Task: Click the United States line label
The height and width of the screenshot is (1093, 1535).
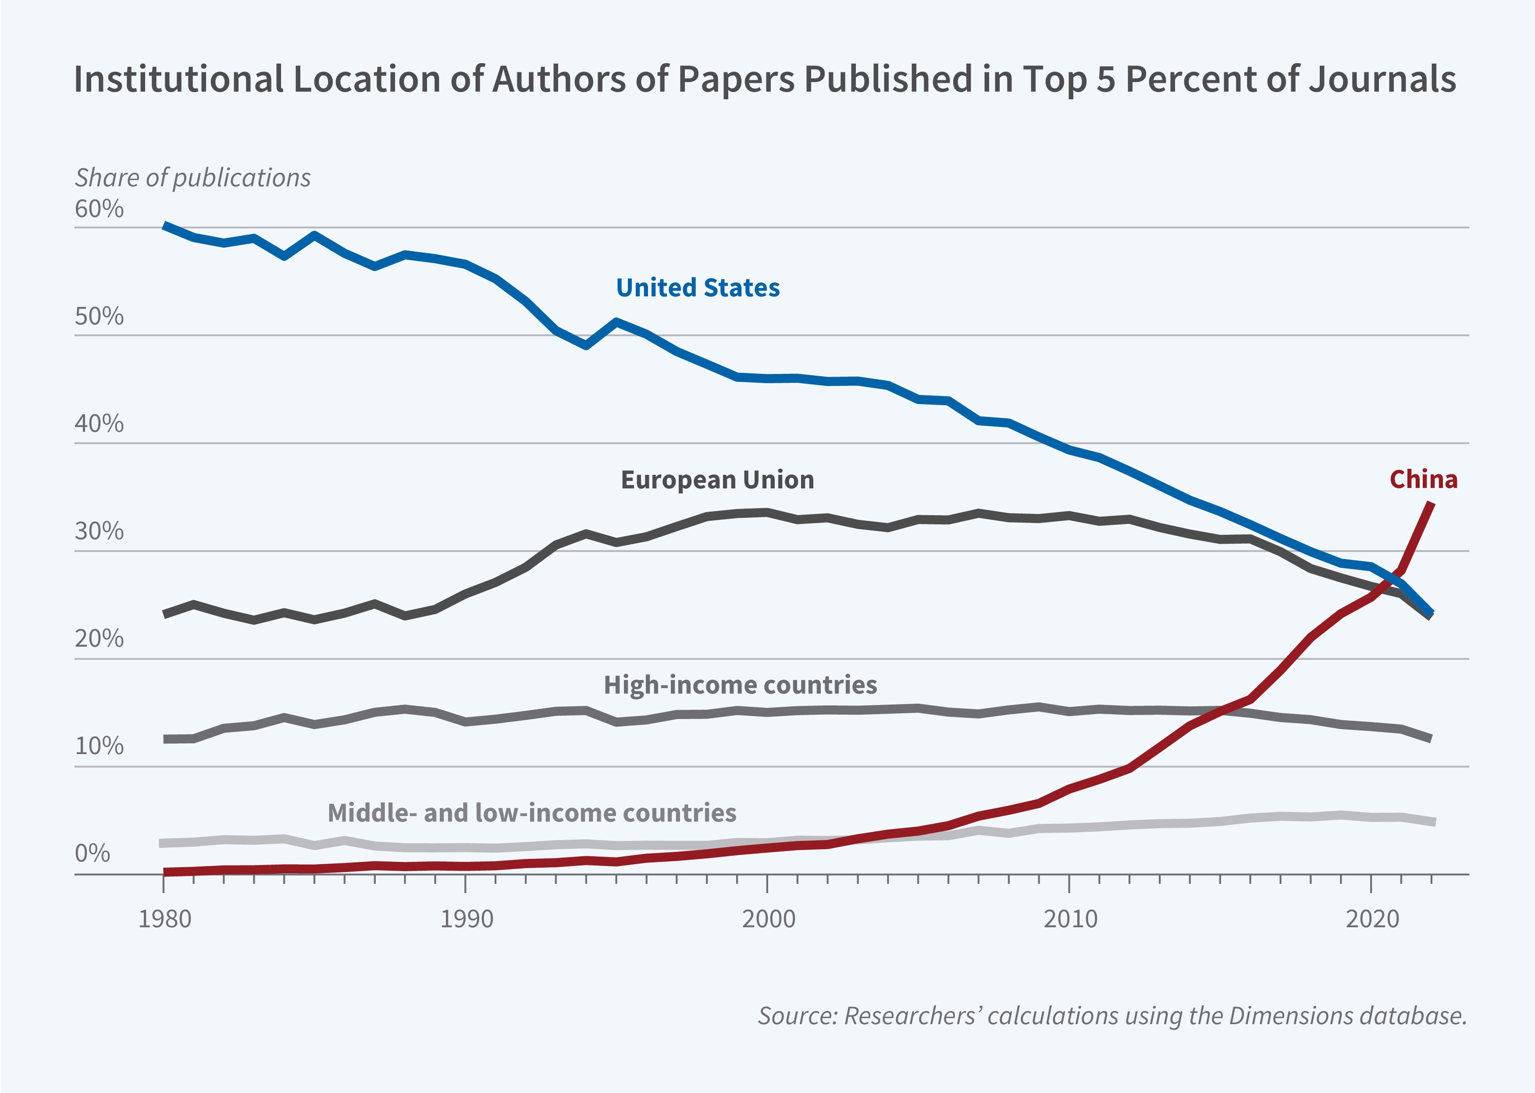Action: [x=698, y=287]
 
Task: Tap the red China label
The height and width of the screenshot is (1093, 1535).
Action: [x=1423, y=479]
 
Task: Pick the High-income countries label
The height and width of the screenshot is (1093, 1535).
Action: [x=740, y=684]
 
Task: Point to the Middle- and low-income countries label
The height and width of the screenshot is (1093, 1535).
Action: [x=532, y=812]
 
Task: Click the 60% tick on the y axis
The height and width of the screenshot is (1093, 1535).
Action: [x=99, y=209]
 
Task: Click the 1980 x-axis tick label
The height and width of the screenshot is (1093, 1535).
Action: [x=164, y=919]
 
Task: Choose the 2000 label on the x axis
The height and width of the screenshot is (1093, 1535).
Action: [x=768, y=919]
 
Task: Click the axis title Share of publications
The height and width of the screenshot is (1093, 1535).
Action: [x=192, y=178]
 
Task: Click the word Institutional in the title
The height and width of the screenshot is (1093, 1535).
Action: [x=179, y=79]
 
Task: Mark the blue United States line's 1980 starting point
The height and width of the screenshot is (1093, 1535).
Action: [x=165, y=226]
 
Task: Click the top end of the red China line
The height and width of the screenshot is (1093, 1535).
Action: [x=1432, y=504]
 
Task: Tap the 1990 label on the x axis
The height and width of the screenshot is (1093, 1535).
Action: [x=467, y=919]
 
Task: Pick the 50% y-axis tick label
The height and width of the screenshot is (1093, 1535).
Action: [x=99, y=316]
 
